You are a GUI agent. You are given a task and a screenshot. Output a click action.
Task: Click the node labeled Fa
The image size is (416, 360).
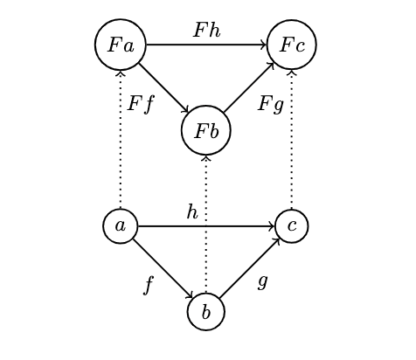[x=121, y=45]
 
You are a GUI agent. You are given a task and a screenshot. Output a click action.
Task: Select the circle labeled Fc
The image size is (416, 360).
[x=292, y=45]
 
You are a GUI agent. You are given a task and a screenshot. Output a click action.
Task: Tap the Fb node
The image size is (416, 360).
[x=206, y=130]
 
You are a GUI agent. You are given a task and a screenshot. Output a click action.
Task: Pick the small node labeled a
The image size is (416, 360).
[x=121, y=226]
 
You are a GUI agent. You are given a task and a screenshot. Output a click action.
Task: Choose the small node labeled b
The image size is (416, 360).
[x=206, y=312]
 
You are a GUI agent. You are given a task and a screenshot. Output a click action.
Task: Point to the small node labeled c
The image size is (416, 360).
[x=292, y=226]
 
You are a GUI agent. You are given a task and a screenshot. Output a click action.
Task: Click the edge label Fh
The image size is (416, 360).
[x=207, y=30]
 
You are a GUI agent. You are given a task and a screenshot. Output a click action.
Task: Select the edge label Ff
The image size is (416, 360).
[x=141, y=104]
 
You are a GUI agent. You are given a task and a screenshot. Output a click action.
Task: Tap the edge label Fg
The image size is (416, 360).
[x=271, y=104]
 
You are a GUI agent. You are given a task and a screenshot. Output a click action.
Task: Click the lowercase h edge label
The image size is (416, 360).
[x=192, y=211]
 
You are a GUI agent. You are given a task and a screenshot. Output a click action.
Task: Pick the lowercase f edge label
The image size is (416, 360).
[x=149, y=285]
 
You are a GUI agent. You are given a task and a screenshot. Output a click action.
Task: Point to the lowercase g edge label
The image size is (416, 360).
[x=263, y=282]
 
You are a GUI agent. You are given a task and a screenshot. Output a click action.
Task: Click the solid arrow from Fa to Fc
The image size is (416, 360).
[x=206, y=45]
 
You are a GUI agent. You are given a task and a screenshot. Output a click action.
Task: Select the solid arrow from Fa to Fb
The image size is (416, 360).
[x=164, y=88]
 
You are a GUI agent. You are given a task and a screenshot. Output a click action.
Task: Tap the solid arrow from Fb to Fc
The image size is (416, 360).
[x=249, y=87]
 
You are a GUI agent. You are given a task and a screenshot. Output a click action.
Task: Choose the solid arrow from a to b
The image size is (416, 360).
[x=163, y=268]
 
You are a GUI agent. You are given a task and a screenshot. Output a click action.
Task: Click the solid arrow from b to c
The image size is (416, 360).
[x=250, y=268]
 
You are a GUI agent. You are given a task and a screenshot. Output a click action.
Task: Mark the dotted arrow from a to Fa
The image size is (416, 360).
[x=121, y=140]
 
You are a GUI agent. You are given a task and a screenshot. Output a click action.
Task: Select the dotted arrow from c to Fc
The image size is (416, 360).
[x=292, y=140]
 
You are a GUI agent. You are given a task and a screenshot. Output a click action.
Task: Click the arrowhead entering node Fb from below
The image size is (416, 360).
[x=206, y=158]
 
